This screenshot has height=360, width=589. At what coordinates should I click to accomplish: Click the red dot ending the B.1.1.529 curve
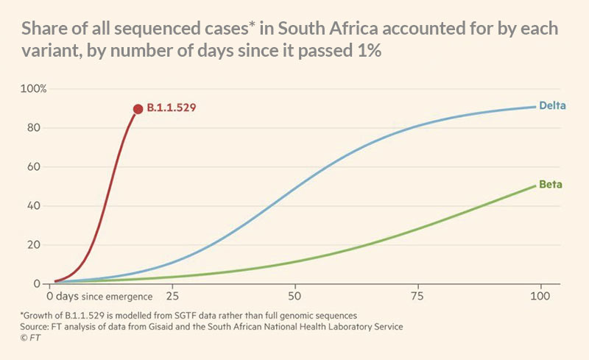tap(138, 109)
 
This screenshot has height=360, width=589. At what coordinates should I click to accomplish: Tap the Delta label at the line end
tap(551, 105)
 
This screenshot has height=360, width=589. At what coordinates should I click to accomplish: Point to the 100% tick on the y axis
tap(34, 89)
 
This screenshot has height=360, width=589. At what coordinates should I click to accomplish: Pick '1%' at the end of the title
tap(366, 54)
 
